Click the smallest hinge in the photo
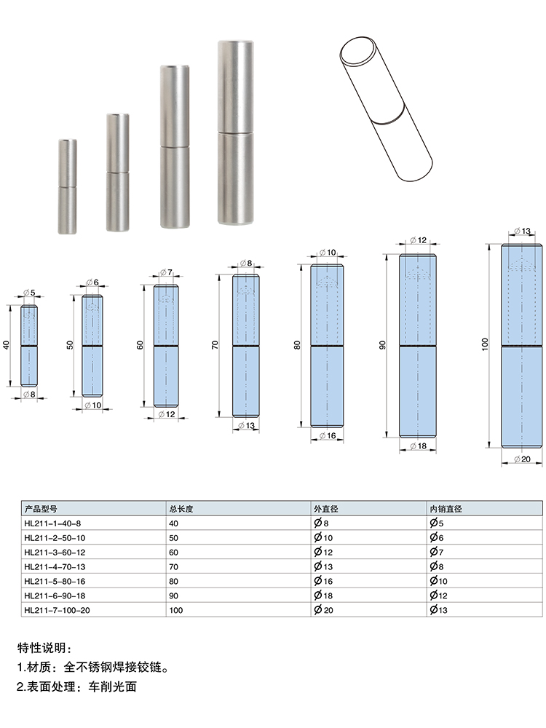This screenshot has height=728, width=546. click(x=67, y=186)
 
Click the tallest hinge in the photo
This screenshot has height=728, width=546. click(x=236, y=132)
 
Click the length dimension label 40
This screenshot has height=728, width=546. click(x=7, y=345)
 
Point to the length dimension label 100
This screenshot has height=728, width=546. click(x=485, y=344)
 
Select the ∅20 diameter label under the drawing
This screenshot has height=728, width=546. click(x=522, y=459)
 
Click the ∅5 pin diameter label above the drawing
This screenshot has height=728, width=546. click(x=29, y=293)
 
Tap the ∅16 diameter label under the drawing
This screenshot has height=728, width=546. click(x=328, y=435)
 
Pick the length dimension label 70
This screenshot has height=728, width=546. click(x=215, y=344)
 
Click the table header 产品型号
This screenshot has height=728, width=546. click(x=41, y=509)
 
